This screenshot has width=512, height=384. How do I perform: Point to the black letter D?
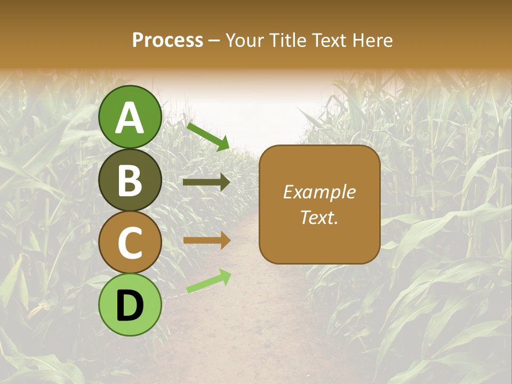(130, 306)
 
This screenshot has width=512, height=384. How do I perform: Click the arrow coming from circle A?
(207, 137)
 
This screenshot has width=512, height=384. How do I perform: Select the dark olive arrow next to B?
(206, 182)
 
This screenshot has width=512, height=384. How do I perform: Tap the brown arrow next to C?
(206, 241)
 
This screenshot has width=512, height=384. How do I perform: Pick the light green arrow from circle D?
(208, 281)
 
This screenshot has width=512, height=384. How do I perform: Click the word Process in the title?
(167, 40)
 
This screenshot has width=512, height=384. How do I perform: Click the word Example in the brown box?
(319, 192)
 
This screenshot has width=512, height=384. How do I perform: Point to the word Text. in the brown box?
(319, 218)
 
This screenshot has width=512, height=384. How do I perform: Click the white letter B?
(130, 180)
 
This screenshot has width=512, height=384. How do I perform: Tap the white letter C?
(130, 243)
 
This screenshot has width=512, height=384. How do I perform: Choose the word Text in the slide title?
(327, 40)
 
